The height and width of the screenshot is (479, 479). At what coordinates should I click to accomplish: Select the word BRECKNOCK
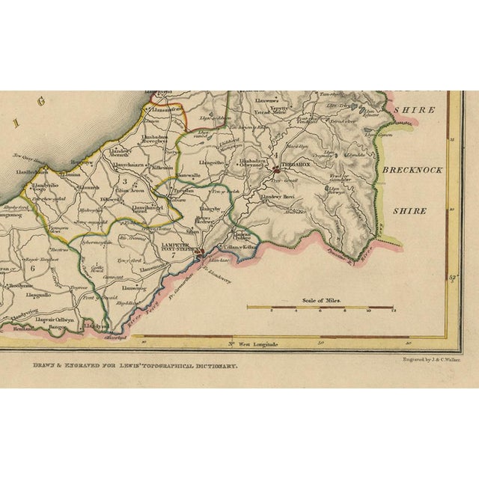tap(411, 171)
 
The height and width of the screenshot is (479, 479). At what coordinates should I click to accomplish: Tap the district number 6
tap(32, 267)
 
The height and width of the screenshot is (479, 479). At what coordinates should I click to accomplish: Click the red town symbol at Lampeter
tap(198, 259)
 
